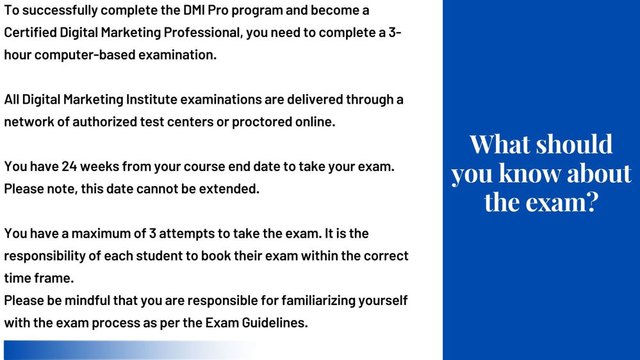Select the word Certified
30,33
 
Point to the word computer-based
85,55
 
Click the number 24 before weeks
69,167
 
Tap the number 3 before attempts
152,233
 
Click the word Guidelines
275,323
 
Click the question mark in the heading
592,202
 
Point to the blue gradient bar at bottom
131,350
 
